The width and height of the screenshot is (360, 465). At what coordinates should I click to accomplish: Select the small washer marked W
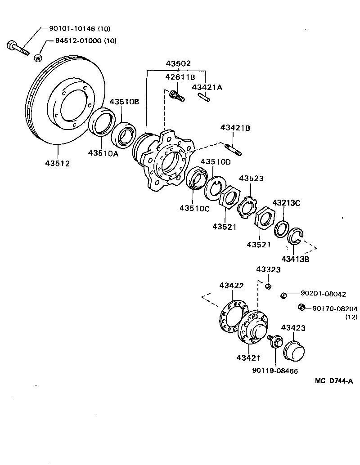38,58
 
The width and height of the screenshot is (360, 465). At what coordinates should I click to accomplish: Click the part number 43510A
103,153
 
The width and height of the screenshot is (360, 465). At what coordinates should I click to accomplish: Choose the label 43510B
124,102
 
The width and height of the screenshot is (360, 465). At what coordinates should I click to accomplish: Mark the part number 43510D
216,162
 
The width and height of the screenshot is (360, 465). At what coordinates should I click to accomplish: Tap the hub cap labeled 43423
295,350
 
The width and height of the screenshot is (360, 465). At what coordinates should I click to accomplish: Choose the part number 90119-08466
275,371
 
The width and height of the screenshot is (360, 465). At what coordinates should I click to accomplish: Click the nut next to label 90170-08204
302,307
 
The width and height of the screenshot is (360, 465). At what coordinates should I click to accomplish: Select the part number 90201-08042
323,294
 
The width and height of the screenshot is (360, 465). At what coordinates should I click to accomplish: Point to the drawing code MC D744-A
333,381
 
